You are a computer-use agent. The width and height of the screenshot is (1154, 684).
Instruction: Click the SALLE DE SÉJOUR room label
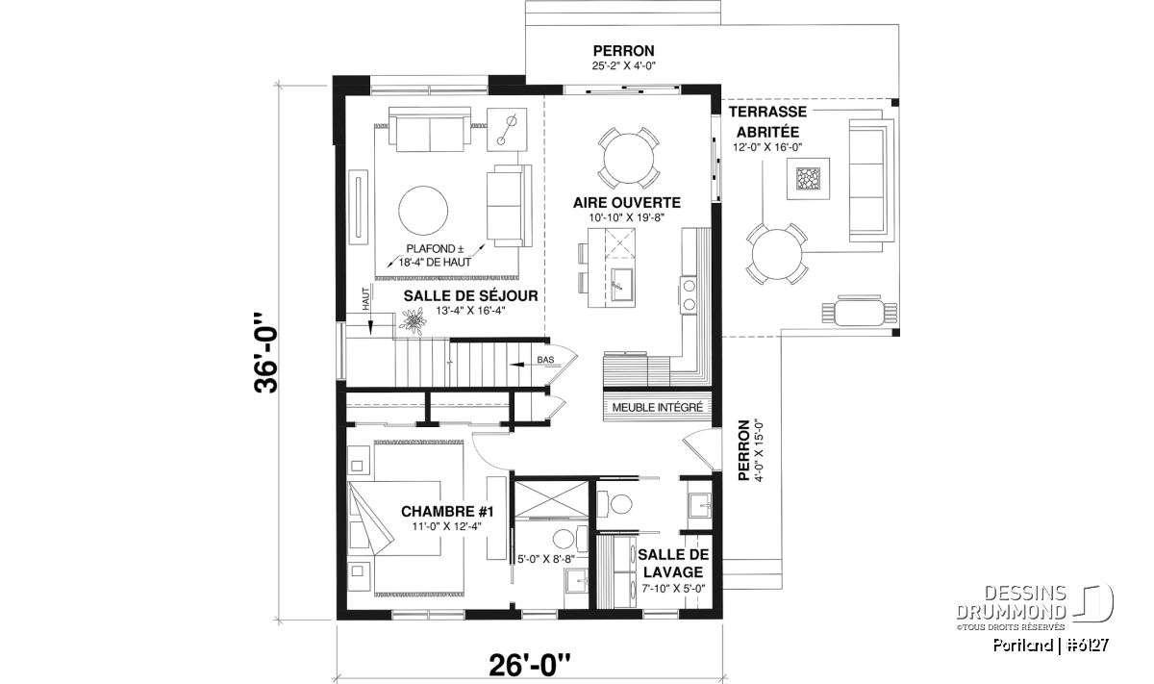coord(470,296)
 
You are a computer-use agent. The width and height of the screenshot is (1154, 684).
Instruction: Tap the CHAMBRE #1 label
coord(447,512)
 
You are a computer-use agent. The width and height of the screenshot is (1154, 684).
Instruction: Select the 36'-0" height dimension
coord(266,352)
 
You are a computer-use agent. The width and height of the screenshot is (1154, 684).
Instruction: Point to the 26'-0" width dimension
coord(529,666)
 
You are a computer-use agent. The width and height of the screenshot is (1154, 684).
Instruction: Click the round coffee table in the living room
coord(423,211)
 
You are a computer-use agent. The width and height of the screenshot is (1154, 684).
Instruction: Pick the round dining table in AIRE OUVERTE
coord(629,158)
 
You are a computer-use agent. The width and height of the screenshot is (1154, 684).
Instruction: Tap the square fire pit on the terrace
coord(808,178)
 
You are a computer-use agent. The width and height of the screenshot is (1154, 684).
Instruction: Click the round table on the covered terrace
coord(776,254)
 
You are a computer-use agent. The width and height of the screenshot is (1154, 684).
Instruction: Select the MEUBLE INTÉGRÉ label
coord(658,407)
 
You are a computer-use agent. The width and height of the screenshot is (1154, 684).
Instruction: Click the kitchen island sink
coord(622,284)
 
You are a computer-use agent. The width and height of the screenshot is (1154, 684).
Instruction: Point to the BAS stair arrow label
coord(545,359)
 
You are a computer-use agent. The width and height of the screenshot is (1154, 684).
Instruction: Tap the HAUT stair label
coord(366,299)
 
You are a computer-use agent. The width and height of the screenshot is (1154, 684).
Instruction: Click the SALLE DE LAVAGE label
coord(673,564)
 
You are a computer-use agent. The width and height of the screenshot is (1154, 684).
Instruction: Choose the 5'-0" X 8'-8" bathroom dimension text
coord(546,559)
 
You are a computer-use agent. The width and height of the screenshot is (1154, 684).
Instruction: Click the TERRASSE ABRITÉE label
coord(767,121)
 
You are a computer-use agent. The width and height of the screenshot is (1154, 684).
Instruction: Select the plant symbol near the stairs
coord(413,321)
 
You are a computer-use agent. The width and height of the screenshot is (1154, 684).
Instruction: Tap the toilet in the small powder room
coord(615,503)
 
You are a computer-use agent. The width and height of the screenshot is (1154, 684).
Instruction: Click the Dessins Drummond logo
coord(1035,607)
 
